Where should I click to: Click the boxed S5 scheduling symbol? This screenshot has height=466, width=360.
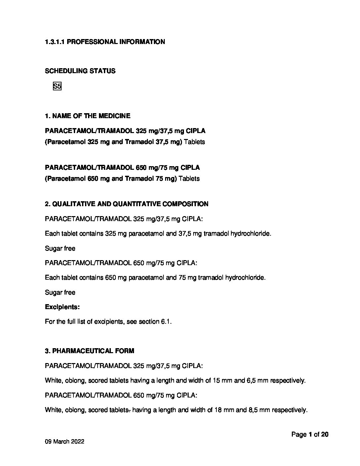point(57,87)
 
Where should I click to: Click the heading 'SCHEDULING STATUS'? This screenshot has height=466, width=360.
point(80,71)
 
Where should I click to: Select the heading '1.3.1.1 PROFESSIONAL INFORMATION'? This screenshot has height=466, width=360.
point(105,42)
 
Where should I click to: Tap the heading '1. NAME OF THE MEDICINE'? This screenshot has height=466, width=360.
point(88,116)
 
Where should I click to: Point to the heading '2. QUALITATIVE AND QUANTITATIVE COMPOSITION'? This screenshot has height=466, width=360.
point(127,204)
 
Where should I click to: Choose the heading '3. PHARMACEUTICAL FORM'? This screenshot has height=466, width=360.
point(90,351)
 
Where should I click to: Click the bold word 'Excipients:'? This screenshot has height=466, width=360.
point(62,307)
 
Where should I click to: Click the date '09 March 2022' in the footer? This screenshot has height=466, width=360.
point(65,442)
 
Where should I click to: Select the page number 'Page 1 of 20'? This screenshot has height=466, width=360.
point(310,435)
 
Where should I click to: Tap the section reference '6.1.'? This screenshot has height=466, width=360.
point(166,322)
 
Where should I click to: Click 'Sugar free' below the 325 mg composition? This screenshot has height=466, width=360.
point(60,249)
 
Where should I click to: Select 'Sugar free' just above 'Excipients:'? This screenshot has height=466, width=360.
point(60,293)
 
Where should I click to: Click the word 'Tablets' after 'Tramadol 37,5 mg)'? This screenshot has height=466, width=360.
point(194,142)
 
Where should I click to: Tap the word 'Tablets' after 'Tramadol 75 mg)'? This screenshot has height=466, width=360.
point(189,179)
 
